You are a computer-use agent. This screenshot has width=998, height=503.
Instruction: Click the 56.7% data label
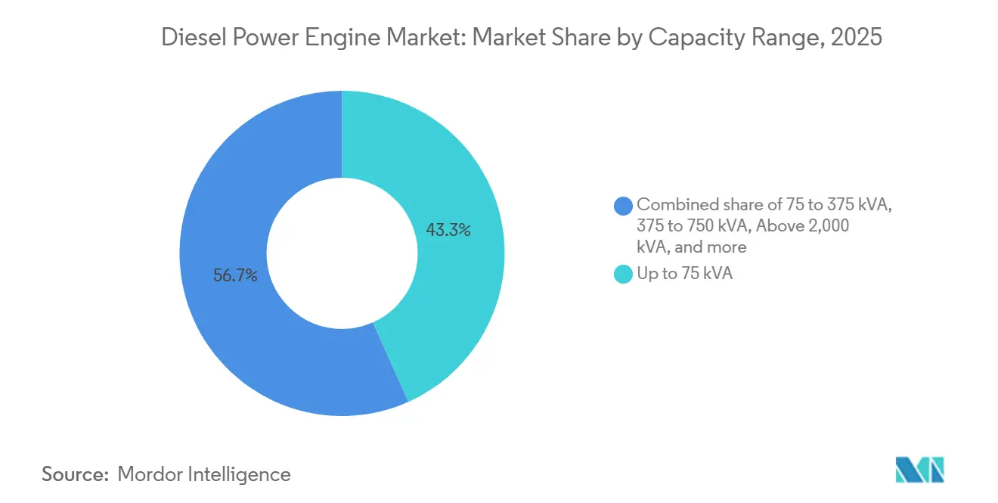[x=235, y=276]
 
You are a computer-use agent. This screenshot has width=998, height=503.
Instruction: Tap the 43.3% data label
[x=448, y=231]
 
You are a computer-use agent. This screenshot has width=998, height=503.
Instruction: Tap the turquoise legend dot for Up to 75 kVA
[x=624, y=275]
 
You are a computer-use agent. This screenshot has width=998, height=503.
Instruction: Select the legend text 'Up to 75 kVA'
[x=685, y=274]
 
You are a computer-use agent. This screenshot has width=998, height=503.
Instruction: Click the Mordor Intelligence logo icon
[x=920, y=470]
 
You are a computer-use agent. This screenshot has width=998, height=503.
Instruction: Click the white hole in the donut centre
[x=342, y=253]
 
